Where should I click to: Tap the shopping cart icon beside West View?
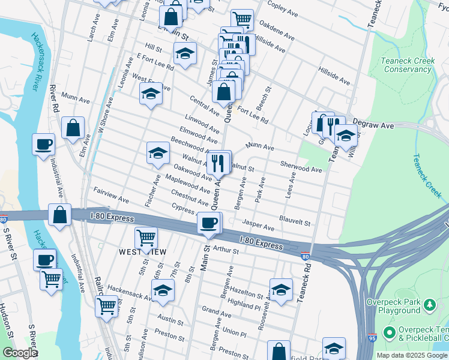(146, 238)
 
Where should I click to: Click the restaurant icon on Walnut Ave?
(219, 161)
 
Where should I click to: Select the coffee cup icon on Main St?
(209, 223)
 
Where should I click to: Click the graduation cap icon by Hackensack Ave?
(162, 291)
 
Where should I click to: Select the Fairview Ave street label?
(111, 194)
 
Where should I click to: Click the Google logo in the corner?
(20, 353)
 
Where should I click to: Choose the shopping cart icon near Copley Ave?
(242, 19)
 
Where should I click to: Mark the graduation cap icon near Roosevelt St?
(281, 290)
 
